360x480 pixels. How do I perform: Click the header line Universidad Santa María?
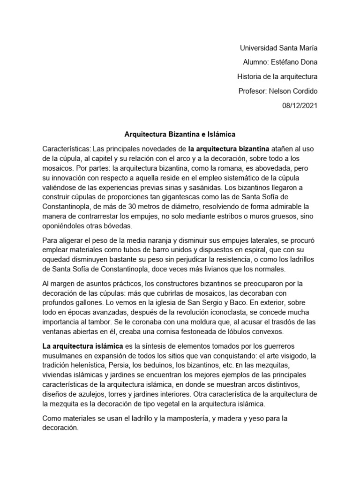[x=278, y=48]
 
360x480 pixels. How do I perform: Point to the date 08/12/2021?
[x=300, y=105]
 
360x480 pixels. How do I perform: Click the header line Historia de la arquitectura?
[x=277, y=76]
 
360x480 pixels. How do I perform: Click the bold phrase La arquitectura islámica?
[x=82, y=346]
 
